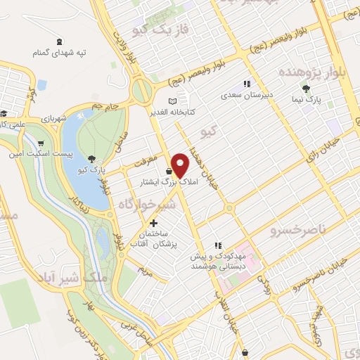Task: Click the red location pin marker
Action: click(x=180, y=165)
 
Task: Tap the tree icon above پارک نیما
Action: click(x=306, y=89)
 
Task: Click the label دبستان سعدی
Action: click(x=241, y=94)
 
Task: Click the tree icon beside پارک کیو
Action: click(x=91, y=158)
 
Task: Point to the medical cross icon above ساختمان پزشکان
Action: click(x=153, y=223)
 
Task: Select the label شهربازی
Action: click(x=53, y=118)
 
